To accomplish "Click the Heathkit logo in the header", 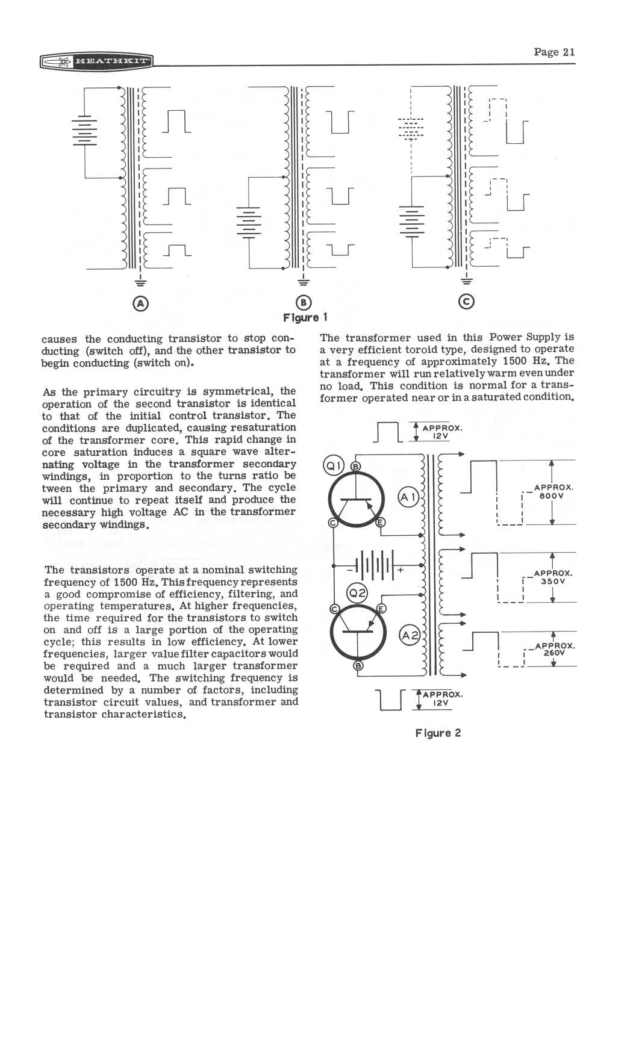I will tap(96, 61).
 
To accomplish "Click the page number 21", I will tap(554, 52).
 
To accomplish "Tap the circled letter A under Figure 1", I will tap(140, 303).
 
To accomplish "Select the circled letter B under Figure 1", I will tap(304, 303).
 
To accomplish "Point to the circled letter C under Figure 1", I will tap(466, 302).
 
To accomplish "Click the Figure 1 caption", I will tap(305, 317).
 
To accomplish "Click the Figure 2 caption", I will tap(438, 733).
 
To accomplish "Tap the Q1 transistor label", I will tap(333, 465).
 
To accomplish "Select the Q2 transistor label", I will tap(358, 594).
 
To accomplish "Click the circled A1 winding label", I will tap(408, 497).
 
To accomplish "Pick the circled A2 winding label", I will tap(410, 635).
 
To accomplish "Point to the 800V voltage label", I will tap(552, 496).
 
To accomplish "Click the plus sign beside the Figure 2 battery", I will tap(399, 568).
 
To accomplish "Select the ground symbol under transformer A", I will tap(140, 280).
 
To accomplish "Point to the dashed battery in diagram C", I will tap(411, 128).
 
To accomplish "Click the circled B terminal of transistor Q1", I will tap(355, 467).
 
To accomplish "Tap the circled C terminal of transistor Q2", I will tap(333, 609).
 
